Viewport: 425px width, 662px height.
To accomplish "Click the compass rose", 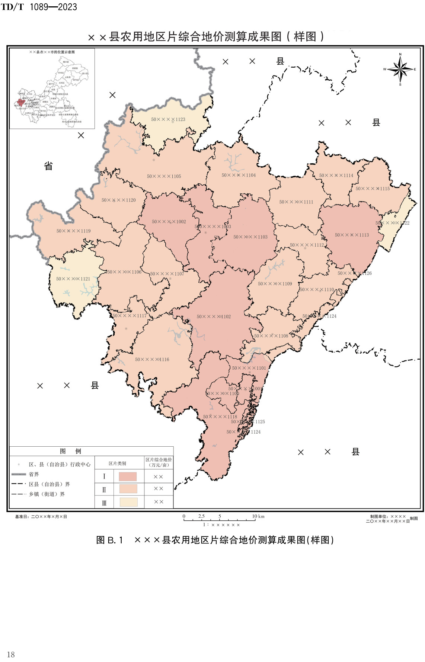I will coord(400,69).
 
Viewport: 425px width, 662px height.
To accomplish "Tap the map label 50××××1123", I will coord(168,119).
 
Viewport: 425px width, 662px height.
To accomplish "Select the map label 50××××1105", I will coord(164,176).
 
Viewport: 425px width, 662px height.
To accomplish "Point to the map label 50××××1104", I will coord(239,175).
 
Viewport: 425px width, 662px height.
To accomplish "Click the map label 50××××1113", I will coord(352,235).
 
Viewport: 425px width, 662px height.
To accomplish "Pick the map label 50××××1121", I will coord(73,279).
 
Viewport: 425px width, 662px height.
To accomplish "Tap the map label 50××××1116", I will coord(152,360).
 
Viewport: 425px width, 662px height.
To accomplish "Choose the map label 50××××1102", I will coord(214,317).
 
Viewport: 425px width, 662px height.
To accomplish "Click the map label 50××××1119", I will coord(73,231).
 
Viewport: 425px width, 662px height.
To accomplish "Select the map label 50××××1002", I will coord(169,222).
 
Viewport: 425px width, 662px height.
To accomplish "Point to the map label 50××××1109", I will coord(275,284).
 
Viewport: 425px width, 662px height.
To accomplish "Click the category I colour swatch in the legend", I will coord(128,476).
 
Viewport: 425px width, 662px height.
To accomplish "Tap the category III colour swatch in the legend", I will coord(128,502).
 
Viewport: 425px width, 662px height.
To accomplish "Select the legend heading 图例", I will coord(70,451).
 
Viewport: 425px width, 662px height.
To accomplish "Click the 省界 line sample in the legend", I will coord(19,474).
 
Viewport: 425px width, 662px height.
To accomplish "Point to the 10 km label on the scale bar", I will coord(258,516).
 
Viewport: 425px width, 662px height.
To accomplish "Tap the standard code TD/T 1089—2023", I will coord(39,7).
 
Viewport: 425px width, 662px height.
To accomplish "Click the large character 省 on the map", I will coord(48,166).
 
